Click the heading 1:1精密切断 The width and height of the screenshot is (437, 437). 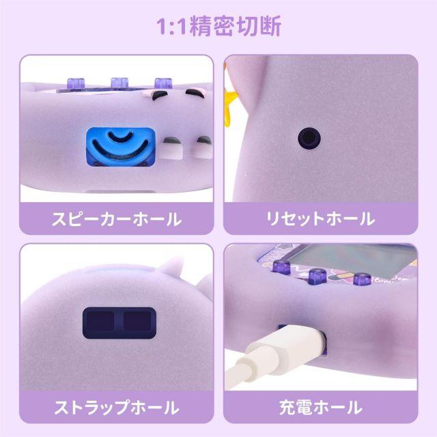coord(218,27)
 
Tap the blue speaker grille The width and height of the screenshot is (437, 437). coord(120,147)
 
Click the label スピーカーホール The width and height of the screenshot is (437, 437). coord(117,219)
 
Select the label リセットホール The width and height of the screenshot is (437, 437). coord(320,219)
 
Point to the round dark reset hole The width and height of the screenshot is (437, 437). coord(309,138)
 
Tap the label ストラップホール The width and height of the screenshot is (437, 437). coord(117,408)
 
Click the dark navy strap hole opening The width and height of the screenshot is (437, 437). coord(119,323)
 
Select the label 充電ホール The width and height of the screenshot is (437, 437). coord(320,408)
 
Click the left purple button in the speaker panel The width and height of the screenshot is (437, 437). coord(76,83)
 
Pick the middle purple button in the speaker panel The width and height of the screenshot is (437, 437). coord(119,83)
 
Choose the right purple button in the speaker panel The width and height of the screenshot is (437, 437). coord(163,83)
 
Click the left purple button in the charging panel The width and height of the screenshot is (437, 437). coord(281,268)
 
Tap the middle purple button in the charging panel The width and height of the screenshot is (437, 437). coord(318,277)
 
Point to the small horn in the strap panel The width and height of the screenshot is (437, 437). coord(173,267)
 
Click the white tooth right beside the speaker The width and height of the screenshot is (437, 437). coord(171,147)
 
